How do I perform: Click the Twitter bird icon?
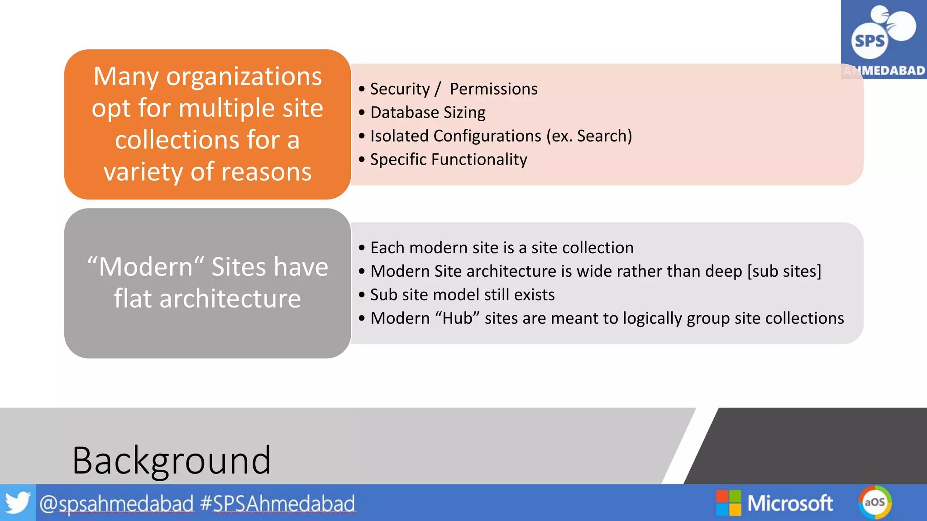(18, 502)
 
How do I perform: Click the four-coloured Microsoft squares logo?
(728, 503)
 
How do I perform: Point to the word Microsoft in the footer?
(790, 503)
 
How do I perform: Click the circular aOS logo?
(874, 502)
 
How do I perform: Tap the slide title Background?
(172, 460)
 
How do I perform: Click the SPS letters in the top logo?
(869, 41)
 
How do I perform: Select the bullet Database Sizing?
(428, 112)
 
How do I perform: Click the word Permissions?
(493, 89)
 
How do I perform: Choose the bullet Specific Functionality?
(449, 159)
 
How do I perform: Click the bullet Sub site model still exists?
(462, 294)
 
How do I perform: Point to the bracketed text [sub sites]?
(784, 271)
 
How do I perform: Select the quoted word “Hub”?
(457, 318)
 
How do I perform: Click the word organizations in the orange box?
(244, 76)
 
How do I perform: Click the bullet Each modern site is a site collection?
(502, 247)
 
